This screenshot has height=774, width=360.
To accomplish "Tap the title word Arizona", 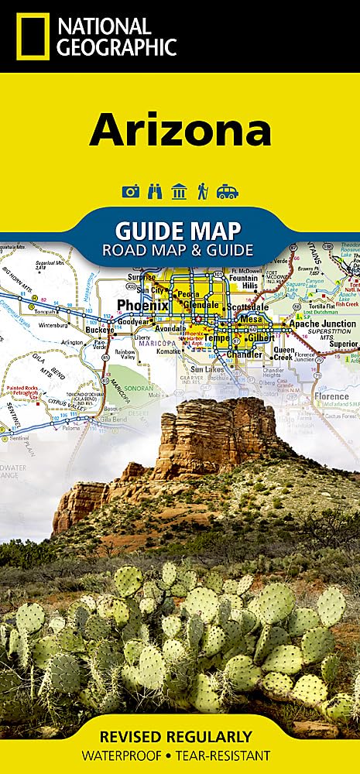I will click(x=180, y=131).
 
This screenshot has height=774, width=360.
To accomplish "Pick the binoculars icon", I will click(x=155, y=191).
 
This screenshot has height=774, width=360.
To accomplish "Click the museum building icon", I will click(x=179, y=191).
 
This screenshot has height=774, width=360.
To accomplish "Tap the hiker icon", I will click(x=202, y=191).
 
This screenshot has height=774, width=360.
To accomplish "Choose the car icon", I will click(x=228, y=191).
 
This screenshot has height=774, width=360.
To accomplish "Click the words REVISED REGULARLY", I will click(x=180, y=736).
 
